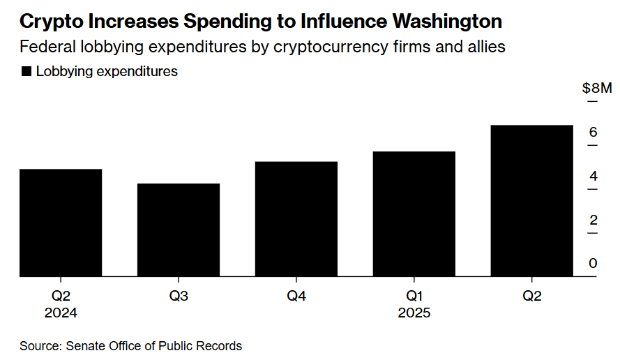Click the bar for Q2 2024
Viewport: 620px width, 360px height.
(x=61, y=223)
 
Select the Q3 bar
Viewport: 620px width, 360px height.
(x=179, y=230)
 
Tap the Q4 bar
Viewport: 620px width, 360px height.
(x=296, y=219)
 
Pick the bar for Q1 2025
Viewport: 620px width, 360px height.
(x=414, y=214)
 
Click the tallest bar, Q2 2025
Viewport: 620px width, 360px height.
(x=532, y=201)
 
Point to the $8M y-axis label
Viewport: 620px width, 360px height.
(x=597, y=89)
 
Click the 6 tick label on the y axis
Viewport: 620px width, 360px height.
(x=593, y=133)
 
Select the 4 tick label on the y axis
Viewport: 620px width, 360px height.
(x=593, y=177)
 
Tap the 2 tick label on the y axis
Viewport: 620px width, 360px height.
(x=593, y=220)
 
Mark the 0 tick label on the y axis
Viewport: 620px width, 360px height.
(x=593, y=264)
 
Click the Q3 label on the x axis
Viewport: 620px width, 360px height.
(x=179, y=296)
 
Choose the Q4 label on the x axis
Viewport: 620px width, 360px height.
(x=296, y=296)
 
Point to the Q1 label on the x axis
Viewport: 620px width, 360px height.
(x=414, y=296)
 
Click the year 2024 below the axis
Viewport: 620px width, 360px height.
(x=61, y=313)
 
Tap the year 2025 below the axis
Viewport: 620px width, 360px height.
(x=414, y=313)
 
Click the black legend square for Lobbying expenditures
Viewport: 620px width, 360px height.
(x=27, y=71)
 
